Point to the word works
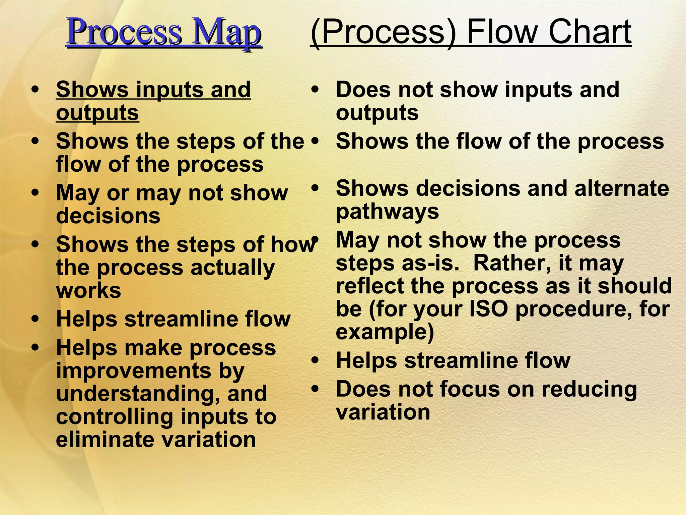click(88, 291)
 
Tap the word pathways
click(387, 212)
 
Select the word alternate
click(622, 188)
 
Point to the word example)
click(385, 332)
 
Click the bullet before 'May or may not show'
click(35, 193)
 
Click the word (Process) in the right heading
click(383, 32)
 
